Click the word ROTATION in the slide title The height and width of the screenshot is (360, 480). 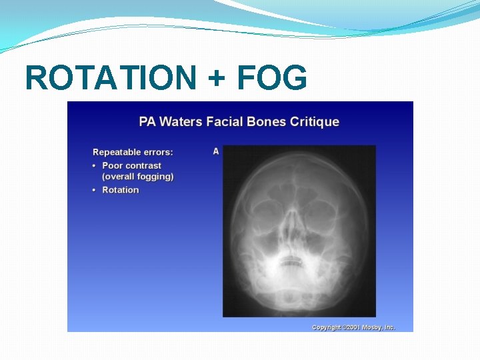click(x=110, y=77)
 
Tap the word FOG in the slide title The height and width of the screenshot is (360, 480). click(x=271, y=77)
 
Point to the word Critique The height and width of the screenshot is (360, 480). click(x=314, y=122)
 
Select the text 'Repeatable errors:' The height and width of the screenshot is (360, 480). click(x=133, y=152)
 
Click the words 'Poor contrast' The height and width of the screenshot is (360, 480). click(x=131, y=165)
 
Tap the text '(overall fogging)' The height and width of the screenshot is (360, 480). click(x=137, y=177)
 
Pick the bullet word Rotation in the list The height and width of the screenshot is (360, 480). click(x=120, y=190)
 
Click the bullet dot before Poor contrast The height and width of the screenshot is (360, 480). click(x=95, y=165)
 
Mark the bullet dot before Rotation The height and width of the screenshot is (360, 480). click(x=95, y=190)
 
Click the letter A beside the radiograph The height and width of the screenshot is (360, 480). click(x=216, y=151)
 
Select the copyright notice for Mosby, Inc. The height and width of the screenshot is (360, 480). click(x=353, y=327)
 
